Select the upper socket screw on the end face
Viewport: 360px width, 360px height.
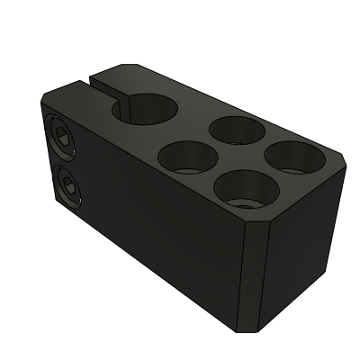coord(62,139)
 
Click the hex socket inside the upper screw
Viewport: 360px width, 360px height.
coord(62,139)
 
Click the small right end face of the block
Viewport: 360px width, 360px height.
coord(301,243)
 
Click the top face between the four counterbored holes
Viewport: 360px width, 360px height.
coord(238,160)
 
